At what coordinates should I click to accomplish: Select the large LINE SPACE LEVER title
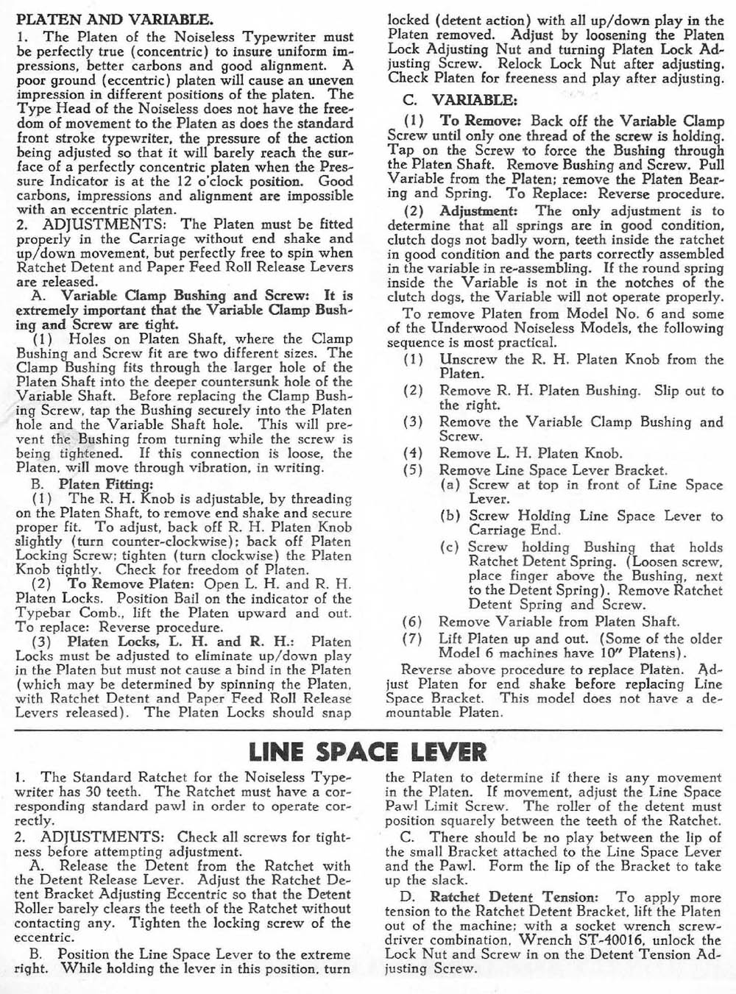pos(367,752)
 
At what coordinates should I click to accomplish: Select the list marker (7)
pos(412,639)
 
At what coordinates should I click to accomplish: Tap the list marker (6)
pos(412,622)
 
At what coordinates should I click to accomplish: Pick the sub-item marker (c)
pos(450,547)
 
